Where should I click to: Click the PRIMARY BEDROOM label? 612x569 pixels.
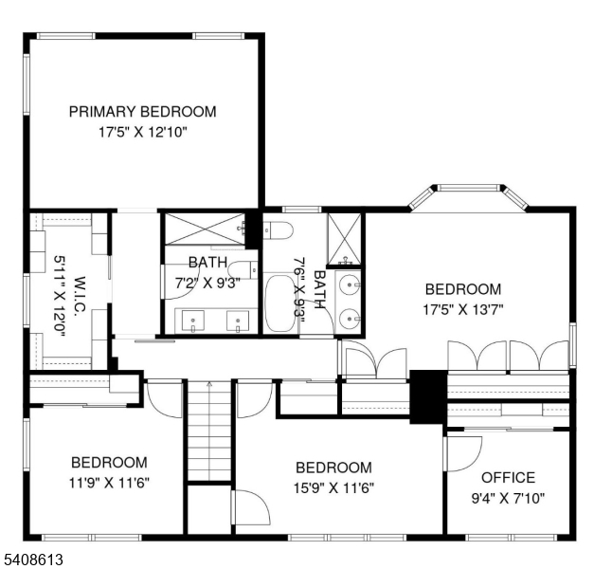[x=142, y=112]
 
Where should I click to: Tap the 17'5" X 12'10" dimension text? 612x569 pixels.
[x=142, y=133]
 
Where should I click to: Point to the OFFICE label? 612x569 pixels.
[x=508, y=477]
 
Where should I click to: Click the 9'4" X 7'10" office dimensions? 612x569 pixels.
[x=508, y=497]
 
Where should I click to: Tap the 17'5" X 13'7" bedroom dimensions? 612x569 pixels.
[x=462, y=308]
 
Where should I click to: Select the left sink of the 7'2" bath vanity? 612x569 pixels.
[x=193, y=321]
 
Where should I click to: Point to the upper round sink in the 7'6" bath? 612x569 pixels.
[x=350, y=284]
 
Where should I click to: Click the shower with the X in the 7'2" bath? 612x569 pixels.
[x=202, y=229]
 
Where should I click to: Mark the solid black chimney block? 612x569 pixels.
[x=426, y=396]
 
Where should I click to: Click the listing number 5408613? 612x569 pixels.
[x=32, y=560]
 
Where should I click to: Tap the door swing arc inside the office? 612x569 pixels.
[x=464, y=453]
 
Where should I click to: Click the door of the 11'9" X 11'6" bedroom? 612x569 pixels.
[x=164, y=398]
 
